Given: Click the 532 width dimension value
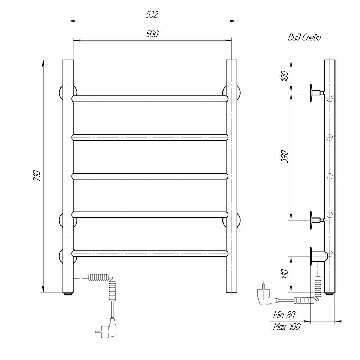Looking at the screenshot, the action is point(152,15).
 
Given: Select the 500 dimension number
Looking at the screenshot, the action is point(152,34).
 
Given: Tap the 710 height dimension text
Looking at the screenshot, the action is point(37,176).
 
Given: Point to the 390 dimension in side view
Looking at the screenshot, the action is point(284,157).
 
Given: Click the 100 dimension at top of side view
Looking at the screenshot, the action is point(284,76).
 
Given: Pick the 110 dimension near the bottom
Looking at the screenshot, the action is point(284,274).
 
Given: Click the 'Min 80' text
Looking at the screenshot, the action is point(284,315).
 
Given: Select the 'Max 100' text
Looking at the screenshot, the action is point(287,327).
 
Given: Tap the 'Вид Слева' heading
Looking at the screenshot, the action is point(305,37).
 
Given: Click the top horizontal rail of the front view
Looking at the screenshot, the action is point(150,99).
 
